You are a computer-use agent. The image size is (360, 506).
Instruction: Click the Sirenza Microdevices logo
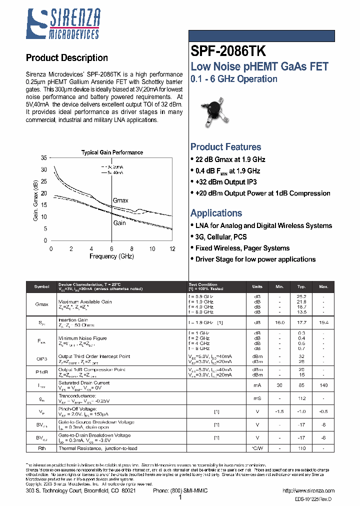[63, 23]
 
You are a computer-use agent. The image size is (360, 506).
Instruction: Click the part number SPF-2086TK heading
[228, 51]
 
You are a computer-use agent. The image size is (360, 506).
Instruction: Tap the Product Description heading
[66, 58]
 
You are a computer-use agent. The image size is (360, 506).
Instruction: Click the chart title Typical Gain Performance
[112, 152]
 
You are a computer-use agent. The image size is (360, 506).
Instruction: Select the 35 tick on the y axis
[43, 158]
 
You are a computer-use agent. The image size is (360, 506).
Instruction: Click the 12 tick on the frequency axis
[172, 248]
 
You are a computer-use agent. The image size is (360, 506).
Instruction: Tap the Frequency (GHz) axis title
[111, 256]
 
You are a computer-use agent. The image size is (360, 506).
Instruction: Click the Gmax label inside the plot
[120, 200]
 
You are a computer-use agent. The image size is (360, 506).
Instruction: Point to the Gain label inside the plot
[119, 223]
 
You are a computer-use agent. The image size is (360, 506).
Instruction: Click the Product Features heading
[225, 147]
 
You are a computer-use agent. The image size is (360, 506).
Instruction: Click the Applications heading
[216, 213]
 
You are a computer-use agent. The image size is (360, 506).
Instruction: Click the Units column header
[257, 287]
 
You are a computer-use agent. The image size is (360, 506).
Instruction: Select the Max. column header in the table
[323, 287]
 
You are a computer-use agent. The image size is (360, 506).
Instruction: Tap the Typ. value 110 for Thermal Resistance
[301, 449]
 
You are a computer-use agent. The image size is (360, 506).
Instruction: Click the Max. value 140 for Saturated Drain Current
[323, 385]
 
